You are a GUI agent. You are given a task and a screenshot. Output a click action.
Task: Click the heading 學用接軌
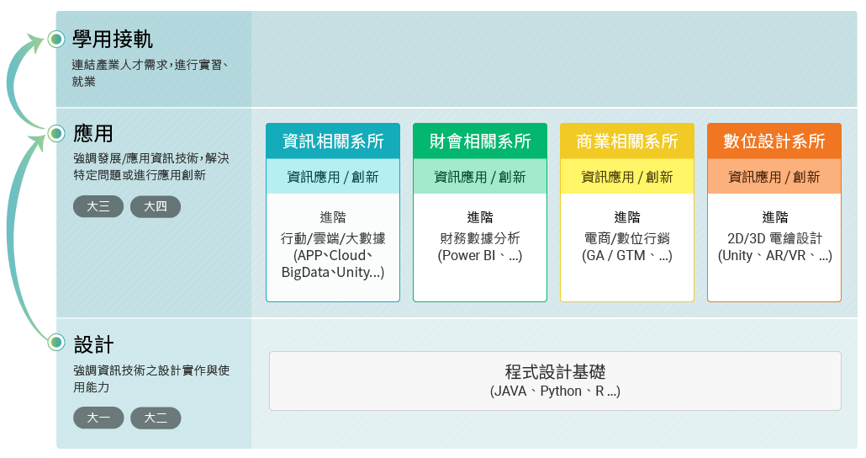[112, 40]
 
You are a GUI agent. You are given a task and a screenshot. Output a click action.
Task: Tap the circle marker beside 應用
[56, 133]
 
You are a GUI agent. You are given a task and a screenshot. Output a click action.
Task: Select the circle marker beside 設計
[56, 343]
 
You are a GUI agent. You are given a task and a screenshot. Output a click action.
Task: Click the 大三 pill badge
[98, 207]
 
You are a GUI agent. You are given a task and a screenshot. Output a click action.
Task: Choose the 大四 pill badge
[156, 207]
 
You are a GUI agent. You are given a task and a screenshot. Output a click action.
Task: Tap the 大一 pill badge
[98, 418]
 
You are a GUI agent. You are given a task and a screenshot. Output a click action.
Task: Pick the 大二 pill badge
[156, 418]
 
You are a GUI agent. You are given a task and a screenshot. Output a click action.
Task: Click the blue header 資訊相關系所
[333, 141]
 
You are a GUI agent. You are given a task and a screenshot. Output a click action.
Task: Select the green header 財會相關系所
[480, 141]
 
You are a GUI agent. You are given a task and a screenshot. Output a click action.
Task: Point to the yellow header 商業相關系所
[627, 141]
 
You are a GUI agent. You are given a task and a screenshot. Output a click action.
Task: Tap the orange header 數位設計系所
[774, 141]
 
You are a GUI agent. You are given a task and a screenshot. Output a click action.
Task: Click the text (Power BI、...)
[480, 256]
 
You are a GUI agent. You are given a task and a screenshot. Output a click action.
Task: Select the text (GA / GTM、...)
[627, 256]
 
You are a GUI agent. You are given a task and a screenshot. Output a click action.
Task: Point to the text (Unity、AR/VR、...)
[775, 256]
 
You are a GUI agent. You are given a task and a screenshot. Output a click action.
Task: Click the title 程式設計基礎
[555, 372]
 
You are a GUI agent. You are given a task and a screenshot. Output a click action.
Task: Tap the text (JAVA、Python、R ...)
[555, 391]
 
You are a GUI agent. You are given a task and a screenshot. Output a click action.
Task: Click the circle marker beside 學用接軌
[56, 40]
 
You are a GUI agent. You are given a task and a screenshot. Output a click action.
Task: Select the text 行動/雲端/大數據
[333, 238]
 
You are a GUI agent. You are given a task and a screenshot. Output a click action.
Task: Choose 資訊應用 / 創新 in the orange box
[774, 177]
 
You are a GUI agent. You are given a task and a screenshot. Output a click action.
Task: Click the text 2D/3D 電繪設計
[775, 238]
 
